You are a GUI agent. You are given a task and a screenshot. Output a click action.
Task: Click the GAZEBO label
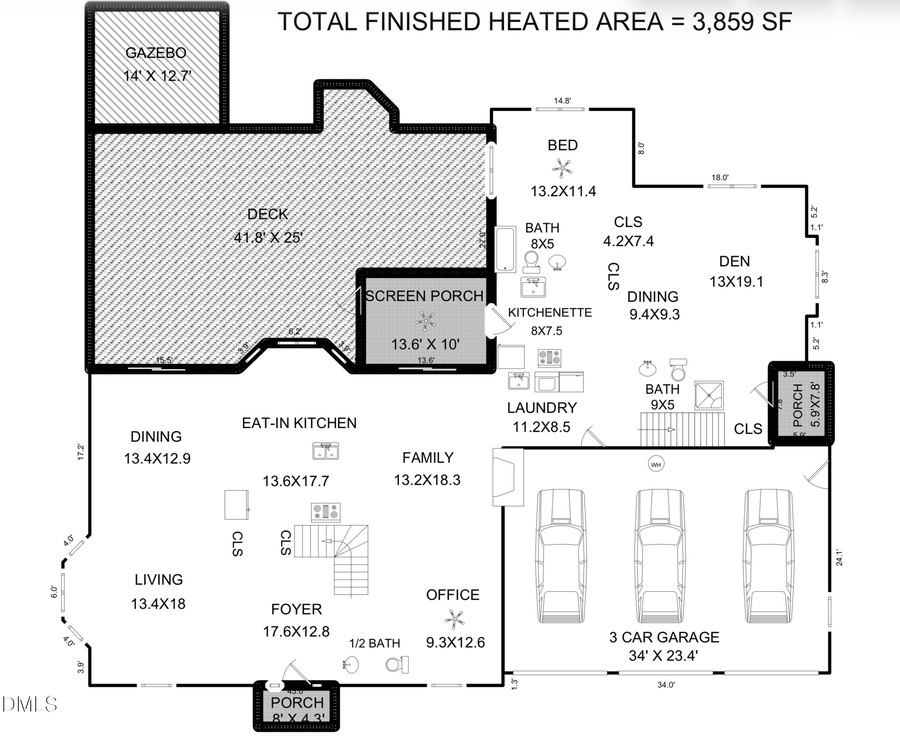pyautogui.click(x=155, y=53)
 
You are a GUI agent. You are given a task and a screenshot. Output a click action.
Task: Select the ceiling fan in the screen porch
pyautogui.click(x=427, y=320)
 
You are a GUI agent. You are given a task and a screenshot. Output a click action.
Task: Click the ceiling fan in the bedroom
pyautogui.click(x=563, y=169)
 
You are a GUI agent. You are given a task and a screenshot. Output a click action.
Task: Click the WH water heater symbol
pyautogui.click(x=656, y=464)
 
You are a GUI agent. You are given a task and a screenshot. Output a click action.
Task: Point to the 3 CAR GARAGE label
pyautogui.click(x=664, y=636)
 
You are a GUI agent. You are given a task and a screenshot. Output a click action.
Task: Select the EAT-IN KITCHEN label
pyautogui.click(x=299, y=423)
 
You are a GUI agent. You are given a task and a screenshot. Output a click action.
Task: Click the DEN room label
pyautogui.click(x=735, y=261)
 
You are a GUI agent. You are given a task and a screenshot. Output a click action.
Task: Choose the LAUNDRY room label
pyautogui.click(x=541, y=407)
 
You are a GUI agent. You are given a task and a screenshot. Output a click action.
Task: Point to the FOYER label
pyautogui.click(x=296, y=609)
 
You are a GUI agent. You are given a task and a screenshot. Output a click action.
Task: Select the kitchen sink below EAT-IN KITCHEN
pyautogui.click(x=327, y=451)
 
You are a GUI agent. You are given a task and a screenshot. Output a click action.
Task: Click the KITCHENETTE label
pyautogui.click(x=550, y=312)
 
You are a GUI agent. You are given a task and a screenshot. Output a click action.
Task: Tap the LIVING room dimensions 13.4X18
pyautogui.click(x=158, y=603)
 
